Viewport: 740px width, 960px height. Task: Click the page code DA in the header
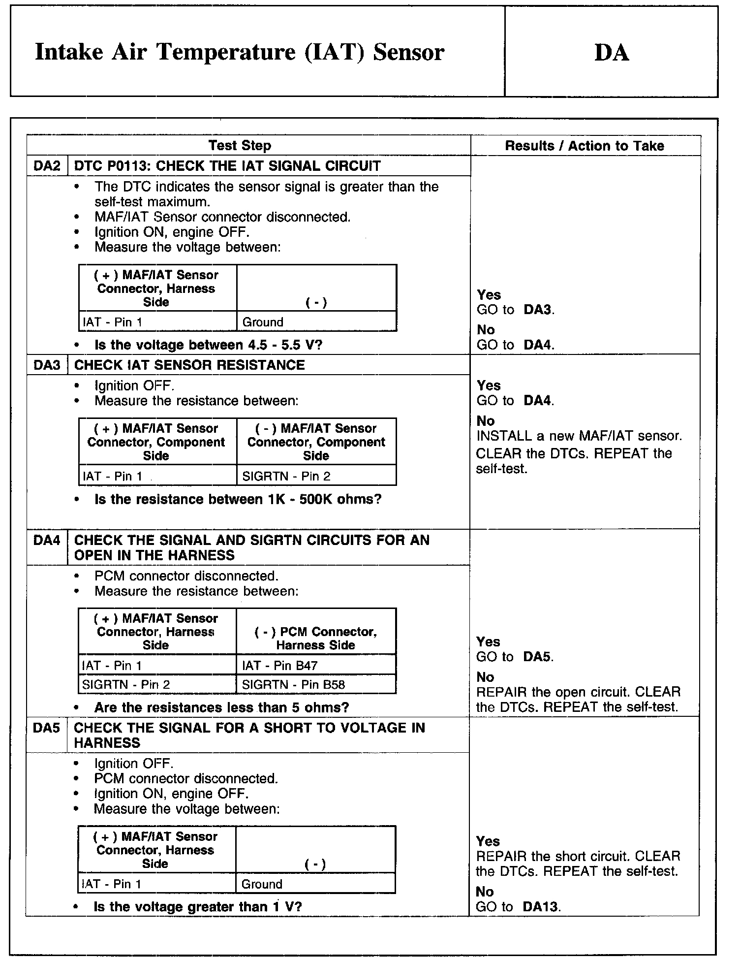tap(612, 53)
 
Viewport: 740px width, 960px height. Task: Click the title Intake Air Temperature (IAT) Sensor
tap(240, 52)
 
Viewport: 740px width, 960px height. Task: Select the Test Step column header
tap(240, 146)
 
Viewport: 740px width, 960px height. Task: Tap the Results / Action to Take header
tap(585, 146)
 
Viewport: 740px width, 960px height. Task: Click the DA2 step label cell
tap(47, 166)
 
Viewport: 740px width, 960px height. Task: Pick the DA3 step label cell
tap(47, 365)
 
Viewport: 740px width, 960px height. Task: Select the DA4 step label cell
tap(47, 541)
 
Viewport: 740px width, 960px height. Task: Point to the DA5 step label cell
tap(47, 728)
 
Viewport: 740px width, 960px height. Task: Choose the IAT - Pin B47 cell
tap(280, 666)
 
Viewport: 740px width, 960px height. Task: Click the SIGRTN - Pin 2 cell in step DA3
tap(286, 476)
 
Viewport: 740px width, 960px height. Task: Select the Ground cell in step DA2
tap(263, 322)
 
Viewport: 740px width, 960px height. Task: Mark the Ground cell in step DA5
tap(262, 884)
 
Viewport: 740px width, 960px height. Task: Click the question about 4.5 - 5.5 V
tap(208, 345)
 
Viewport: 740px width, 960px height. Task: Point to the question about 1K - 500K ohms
tap(238, 499)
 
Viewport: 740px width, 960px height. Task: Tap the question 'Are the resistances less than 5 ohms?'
tap(221, 707)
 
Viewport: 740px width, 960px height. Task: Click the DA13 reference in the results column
tap(541, 907)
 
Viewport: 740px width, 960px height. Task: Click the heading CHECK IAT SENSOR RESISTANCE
tap(189, 365)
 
